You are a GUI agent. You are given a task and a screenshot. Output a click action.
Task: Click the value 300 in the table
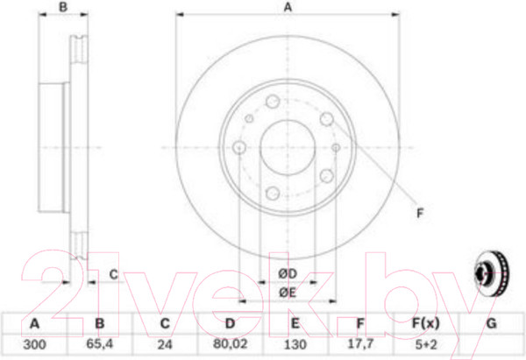(34, 344)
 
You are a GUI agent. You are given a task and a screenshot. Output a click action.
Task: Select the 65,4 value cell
(100, 344)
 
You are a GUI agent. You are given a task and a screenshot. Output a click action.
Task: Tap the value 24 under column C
(165, 344)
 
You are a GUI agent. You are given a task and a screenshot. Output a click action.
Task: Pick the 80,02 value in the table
(230, 344)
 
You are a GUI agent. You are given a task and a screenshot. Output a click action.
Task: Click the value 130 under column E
(295, 344)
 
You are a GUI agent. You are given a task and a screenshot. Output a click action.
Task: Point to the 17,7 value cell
(360, 344)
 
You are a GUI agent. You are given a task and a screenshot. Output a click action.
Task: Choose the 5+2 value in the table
(426, 344)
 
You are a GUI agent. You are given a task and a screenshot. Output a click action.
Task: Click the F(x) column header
(425, 324)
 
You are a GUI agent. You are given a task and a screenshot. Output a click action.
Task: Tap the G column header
(491, 324)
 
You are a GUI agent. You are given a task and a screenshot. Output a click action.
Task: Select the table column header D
(230, 324)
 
